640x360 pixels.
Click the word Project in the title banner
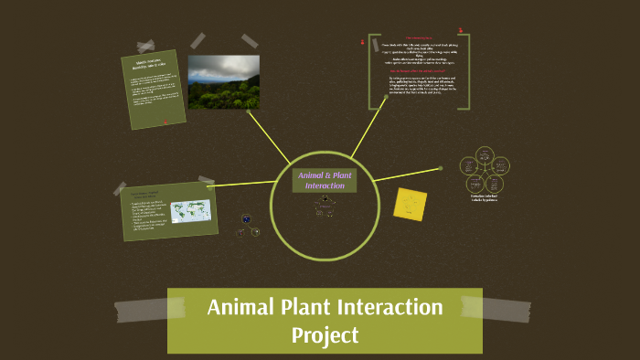(x=325, y=335)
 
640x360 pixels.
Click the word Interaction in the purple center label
(x=325, y=185)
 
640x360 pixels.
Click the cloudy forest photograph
(x=223, y=81)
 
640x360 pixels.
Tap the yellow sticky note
(x=411, y=203)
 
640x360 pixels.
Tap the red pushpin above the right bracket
(x=461, y=31)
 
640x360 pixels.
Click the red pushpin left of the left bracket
(x=363, y=43)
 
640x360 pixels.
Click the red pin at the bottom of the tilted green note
(x=165, y=122)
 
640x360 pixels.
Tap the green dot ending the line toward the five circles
(x=440, y=168)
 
